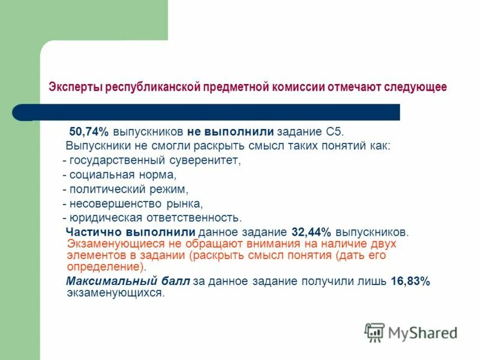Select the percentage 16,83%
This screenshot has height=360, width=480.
(410, 282)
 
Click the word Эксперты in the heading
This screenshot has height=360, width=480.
(76, 88)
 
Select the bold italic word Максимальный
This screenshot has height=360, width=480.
(103, 282)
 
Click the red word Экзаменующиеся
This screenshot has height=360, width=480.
(110, 244)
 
